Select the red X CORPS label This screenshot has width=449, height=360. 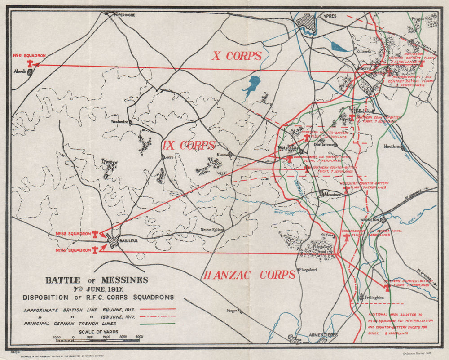[x=237, y=56]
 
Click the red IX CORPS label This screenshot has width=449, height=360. [x=189, y=145]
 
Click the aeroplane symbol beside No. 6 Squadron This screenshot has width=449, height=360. [x=31, y=64]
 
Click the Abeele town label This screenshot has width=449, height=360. [x=20, y=71]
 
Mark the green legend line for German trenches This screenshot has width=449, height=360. [x=158, y=323]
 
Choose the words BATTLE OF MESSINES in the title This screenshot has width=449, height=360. [x=96, y=280]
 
